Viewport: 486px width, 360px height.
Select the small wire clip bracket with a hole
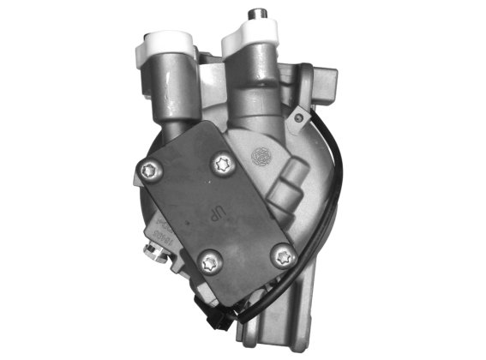tap(299, 114)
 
